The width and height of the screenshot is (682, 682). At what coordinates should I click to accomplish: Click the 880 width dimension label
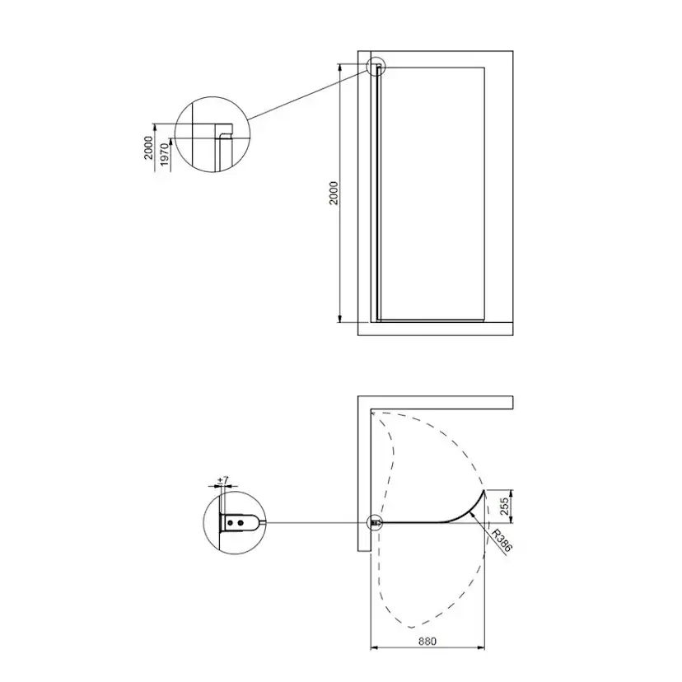tap(427, 641)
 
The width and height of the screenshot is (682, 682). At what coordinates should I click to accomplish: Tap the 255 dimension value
tap(505, 507)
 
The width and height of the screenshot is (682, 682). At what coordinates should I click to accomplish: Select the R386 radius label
tap(501, 540)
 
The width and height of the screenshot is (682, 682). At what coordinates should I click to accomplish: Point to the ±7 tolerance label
tap(222, 481)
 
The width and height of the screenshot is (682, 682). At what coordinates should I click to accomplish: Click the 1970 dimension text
tap(165, 155)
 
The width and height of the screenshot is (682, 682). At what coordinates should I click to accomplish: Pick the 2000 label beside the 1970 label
tap(149, 148)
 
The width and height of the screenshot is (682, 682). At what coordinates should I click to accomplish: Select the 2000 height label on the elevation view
tap(333, 194)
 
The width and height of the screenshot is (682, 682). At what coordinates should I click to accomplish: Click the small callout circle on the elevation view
tap(376, 67)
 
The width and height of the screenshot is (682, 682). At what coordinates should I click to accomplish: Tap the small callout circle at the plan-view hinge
tap(375, 522)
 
